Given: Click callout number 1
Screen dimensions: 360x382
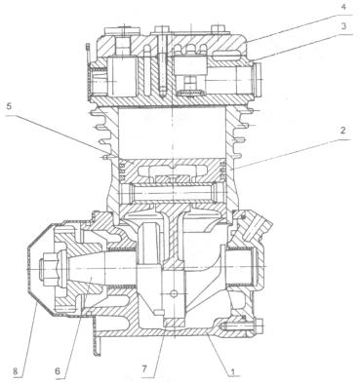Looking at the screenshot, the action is pos(232,370).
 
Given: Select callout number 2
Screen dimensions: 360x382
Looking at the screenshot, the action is pos(343,131).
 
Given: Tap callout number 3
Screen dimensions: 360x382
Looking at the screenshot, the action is pos(343,26).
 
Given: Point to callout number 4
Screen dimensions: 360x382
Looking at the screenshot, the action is pos(343,7).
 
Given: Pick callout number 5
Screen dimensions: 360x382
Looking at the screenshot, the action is pos(9,106).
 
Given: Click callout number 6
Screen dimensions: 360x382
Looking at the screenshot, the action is pos(58,370).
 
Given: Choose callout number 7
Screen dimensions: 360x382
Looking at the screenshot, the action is pos(144,369).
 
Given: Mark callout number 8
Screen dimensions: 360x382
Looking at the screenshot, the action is pos(16,370).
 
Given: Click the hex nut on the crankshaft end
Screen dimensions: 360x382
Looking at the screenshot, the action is pos(47,269).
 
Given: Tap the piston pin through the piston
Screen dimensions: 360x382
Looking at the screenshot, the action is pos(170,193).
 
